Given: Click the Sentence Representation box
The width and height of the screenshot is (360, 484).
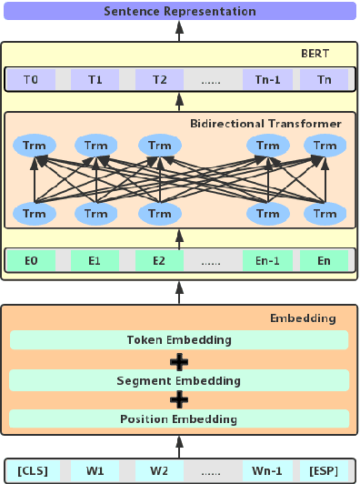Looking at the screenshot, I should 179,12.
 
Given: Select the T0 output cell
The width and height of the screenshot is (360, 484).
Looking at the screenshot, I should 30,80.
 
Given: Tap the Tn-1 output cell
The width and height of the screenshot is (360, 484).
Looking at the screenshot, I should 267,80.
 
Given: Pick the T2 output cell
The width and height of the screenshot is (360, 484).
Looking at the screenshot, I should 160,80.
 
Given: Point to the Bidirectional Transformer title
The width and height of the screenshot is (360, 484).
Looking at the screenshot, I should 266,123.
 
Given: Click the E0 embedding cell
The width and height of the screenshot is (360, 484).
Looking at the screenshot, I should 31,260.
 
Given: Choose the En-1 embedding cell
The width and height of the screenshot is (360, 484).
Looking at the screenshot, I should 267,260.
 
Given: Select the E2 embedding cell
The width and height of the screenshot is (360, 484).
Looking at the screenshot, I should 160,260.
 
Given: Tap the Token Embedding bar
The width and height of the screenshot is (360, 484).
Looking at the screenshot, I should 179,340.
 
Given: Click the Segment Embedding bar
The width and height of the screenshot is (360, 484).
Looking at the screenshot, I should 179,379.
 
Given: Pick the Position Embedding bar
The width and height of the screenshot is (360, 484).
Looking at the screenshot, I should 179,418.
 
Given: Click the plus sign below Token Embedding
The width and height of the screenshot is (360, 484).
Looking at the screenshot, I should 179,360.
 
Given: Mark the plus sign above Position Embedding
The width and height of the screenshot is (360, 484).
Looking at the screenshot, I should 179,399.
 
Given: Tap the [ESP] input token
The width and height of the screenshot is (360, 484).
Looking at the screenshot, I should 323,469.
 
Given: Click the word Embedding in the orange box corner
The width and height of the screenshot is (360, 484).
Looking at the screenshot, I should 304,318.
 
